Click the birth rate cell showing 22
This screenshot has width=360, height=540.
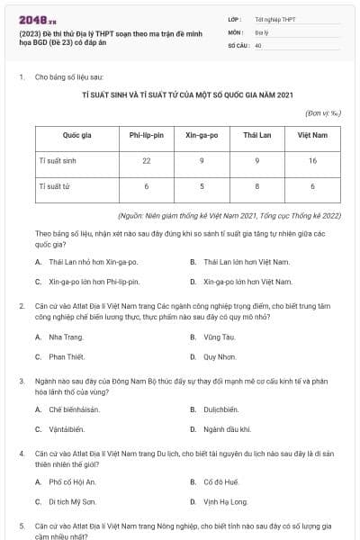(146, 160)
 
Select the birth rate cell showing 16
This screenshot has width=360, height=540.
(312, 160)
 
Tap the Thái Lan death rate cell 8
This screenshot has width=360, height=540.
(257, 186)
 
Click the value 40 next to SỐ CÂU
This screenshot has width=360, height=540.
(258, 44)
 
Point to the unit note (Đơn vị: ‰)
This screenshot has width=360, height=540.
(325, 113)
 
